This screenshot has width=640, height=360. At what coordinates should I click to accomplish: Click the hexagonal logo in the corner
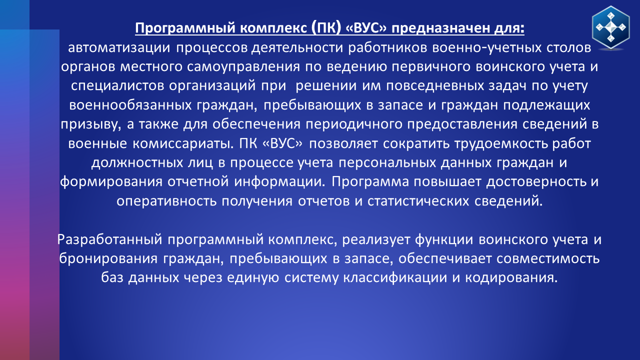pyautogui.click(x=611, y=27)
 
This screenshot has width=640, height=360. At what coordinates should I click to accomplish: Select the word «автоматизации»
pyautogui.click(x=119, y=47)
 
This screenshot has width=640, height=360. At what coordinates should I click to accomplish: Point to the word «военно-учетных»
pyautogui.click(x=487, y=47)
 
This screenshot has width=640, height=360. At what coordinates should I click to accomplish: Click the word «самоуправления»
pyautogui.click(x=243, y=67)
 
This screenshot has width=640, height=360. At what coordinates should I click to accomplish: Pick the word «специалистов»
pyautogui.click(x=117, y=85)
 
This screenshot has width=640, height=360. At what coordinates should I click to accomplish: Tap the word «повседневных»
pyautogui.click(x=435, y=85)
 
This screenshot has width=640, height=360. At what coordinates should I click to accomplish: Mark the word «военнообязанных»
pyautogui.click(x=130, y=105)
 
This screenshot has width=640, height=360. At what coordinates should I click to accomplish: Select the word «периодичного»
pyautogui.click(x=354, y=124)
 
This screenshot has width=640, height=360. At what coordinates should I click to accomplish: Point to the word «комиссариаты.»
pyautogui.click(x=183, y=143)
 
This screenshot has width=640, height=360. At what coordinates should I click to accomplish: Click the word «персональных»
pyautogui.click(x=387, y=162)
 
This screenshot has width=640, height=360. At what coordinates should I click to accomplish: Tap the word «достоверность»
pyautogui.click(x=536, y=181)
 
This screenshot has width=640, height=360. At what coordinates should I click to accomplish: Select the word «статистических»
pyautogui.click(x=418, y=201)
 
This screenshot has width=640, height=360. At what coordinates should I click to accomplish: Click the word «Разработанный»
pyautogui.click(x=109, y=239)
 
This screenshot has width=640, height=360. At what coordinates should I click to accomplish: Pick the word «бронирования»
pyautogui.click(x=108, y=258)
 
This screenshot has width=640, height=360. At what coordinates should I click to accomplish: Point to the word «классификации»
pyautogui.click(x=395, y=277)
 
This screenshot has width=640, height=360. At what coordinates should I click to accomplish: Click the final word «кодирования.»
pyautogui.click(x=511, y=277)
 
